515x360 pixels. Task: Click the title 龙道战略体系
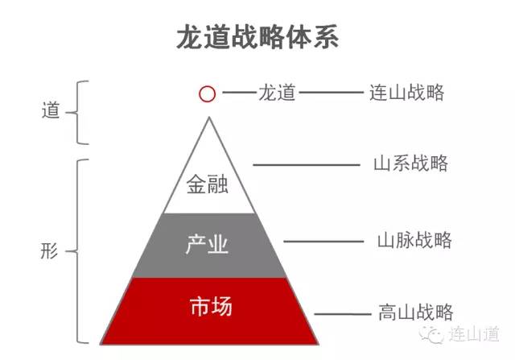coord(257,37)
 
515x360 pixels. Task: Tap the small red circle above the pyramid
coord(208,94)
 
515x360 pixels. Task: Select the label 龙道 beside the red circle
coord(277,93)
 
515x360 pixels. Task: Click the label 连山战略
coord(406,93)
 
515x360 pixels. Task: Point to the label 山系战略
coord(410,163)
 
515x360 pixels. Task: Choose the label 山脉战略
coord(414,240)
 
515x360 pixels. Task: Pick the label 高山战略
coord(416,312)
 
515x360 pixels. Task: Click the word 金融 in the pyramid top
coord(208,184)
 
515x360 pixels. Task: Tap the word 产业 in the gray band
coord(207,244)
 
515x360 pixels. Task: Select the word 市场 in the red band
coord(211,306)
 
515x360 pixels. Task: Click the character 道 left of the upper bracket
coord(51,110)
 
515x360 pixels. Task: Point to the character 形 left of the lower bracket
coord(49,250)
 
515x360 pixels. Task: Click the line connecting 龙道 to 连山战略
coord(332,93)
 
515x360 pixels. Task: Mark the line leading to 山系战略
coord(307,165)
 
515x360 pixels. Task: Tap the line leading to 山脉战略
coord(323,242)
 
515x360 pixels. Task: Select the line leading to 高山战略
coord(343,314)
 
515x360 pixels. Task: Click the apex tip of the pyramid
coord(209,117)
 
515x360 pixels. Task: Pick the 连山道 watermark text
coord(474,334)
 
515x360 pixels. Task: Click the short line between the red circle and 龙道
coord(239,93)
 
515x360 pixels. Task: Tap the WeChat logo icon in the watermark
coord(431,334)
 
